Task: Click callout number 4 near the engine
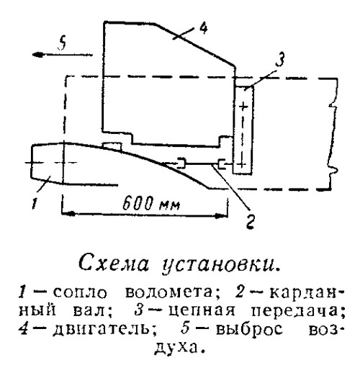[x=203, y=28]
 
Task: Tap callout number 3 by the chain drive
[x=280, y=60]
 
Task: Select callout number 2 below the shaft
[x=250, y=221]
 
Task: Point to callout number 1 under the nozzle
[x=35, y=203]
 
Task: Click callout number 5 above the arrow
[x=63, y=44]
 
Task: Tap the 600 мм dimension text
[x=151, y=204]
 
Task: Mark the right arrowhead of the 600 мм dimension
[x=222, y=216]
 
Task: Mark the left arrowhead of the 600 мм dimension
[x=68, y=213]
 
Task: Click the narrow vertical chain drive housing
[x=243, y=130]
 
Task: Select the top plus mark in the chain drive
[x=243, y=106]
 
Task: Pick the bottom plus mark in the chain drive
[x=243, y=164]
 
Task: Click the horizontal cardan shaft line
[x=202, y=164]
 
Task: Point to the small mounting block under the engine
[x=112, y=146]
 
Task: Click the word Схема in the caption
[x=114, y=263]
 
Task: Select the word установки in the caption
[x=220, y=264]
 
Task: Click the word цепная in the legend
[x=202, y=311]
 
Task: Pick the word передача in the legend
[x=297, y=311]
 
